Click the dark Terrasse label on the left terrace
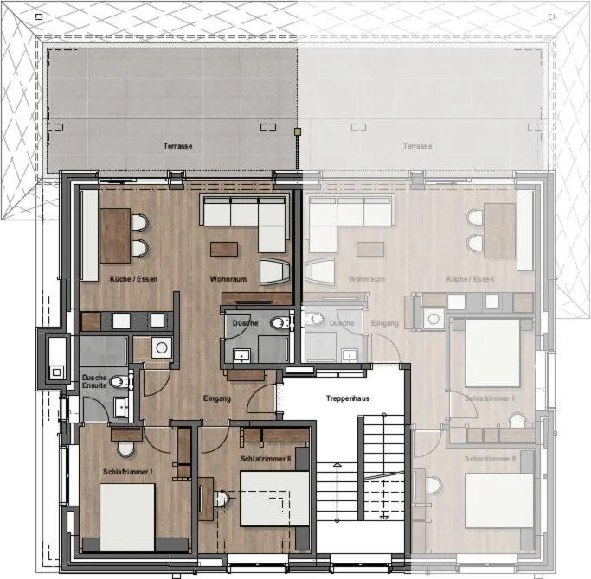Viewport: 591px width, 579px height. tap(177, 146)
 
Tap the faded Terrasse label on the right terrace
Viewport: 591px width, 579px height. tap(417, 146)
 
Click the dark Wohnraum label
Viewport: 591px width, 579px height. tap(228, 279)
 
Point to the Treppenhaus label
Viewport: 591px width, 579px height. tap(348, 398)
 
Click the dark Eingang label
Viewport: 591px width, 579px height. tap(217, 398)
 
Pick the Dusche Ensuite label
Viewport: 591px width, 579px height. tap(94, 381)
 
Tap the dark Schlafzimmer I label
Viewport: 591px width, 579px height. tap(128, 471)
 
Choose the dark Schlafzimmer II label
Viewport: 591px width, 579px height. tap(266, 458)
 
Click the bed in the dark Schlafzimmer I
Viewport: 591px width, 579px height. tap(127, 515)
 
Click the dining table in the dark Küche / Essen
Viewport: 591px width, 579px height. tap(115, 235)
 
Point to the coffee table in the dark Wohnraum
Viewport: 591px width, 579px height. tap(223, 249)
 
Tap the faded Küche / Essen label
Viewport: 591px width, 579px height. tap(470, 279)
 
